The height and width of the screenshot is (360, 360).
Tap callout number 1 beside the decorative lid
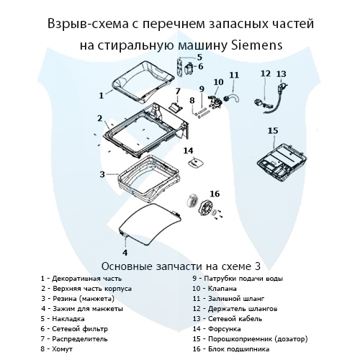(101, 94)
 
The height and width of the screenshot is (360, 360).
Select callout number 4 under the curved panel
(125, 252)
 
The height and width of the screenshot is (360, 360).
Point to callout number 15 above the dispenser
(272, 130)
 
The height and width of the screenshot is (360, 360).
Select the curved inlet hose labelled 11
(232, 94)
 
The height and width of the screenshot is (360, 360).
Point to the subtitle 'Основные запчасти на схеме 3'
(179, 264)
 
